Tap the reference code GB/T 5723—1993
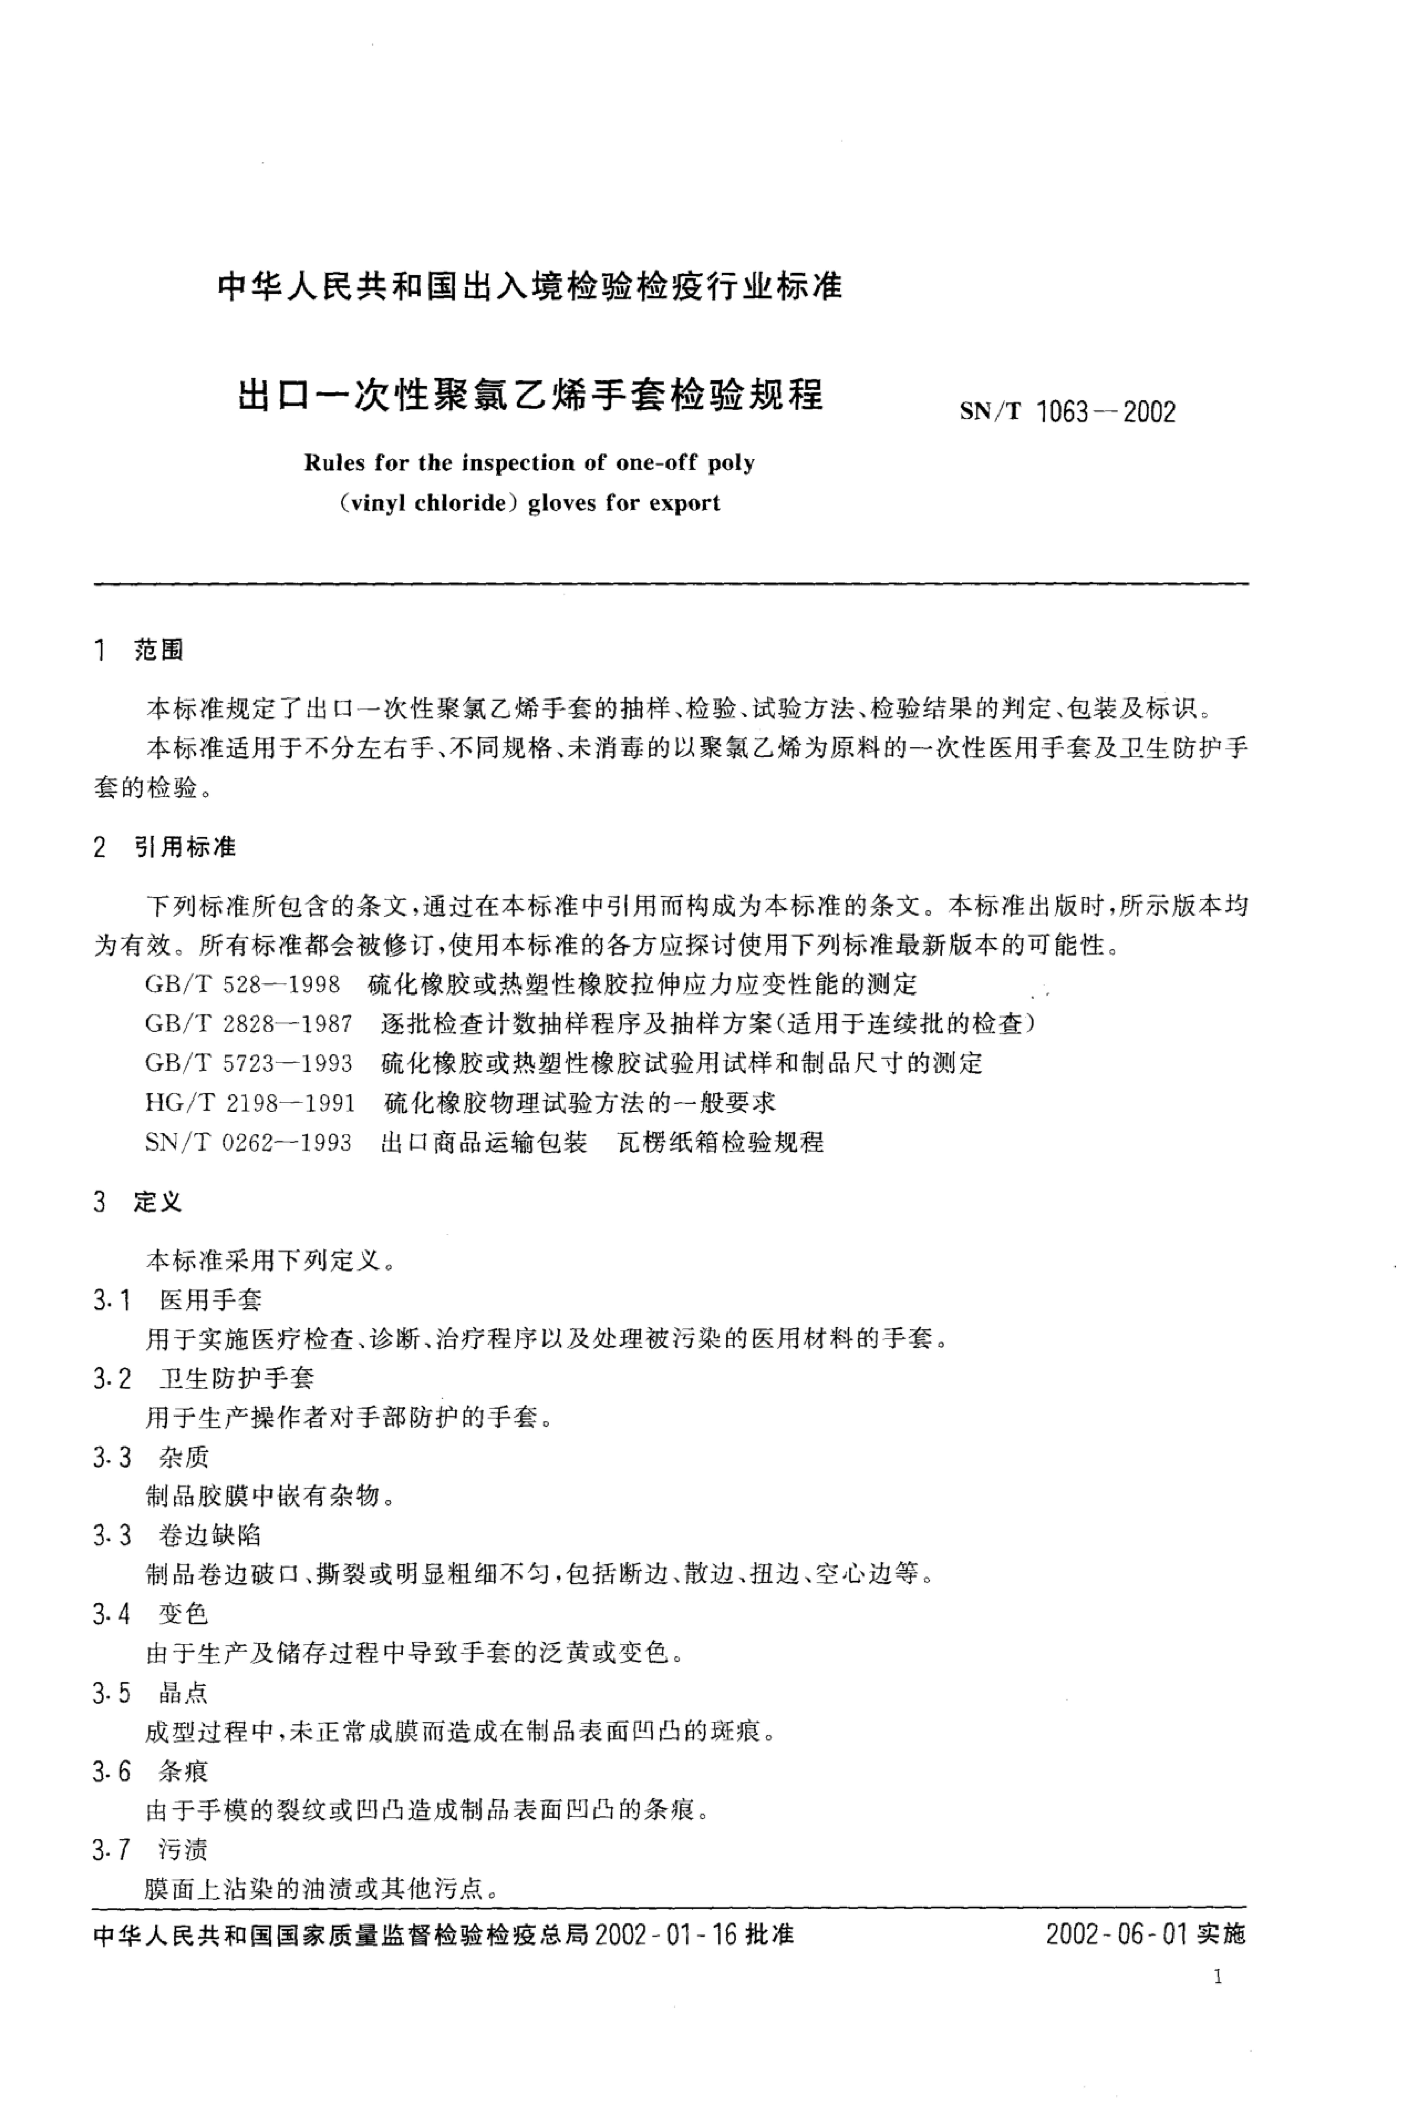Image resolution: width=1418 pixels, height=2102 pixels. [249, 1063]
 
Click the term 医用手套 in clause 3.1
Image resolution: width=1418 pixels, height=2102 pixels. [210, 1300]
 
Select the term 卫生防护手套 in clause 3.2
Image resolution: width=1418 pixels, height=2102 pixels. [236, 1379]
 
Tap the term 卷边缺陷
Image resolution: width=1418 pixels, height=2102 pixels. [210, 1535]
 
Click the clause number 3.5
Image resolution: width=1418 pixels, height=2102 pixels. [111, 1693]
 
